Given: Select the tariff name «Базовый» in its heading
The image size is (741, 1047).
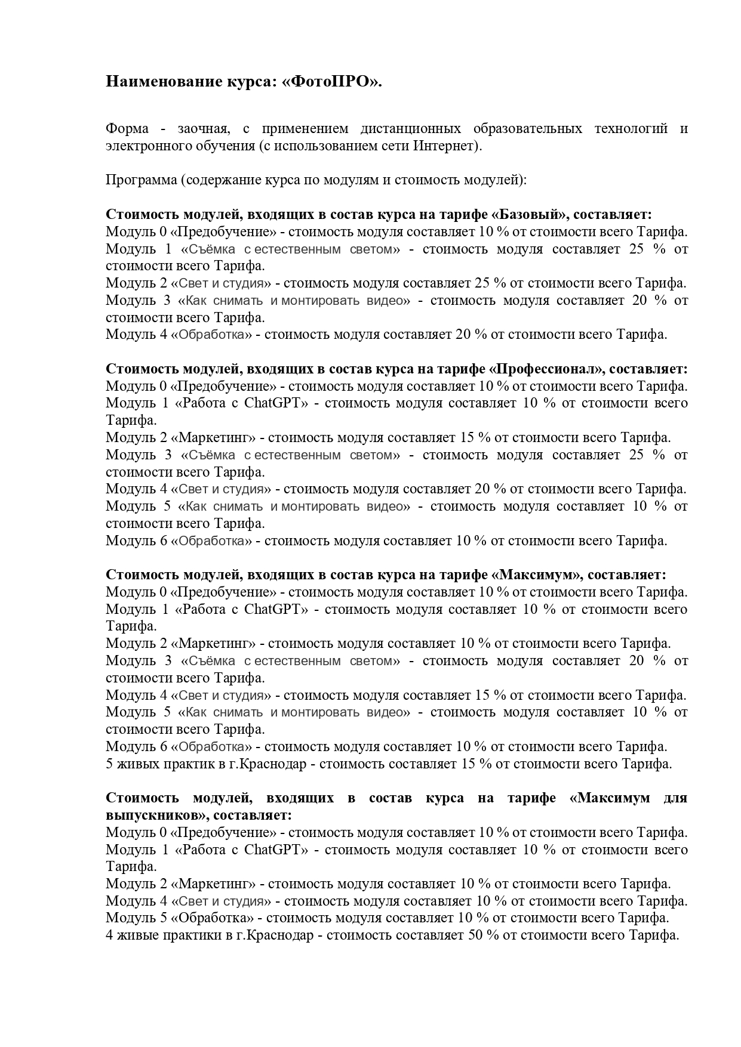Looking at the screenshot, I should coord(531,215).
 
